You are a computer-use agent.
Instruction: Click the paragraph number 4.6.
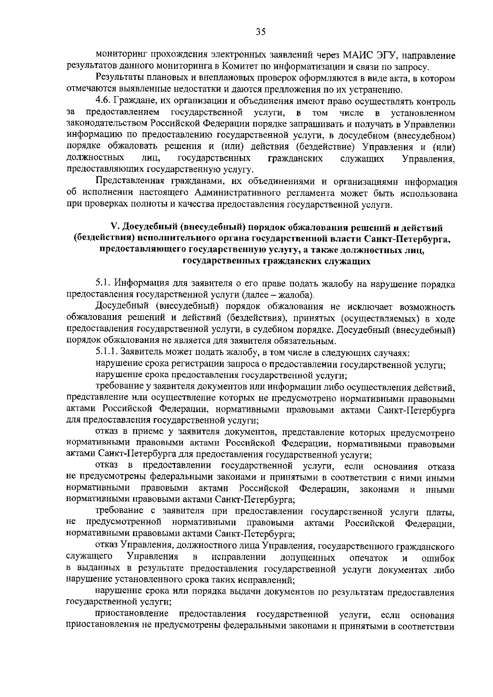(x=103, y=101)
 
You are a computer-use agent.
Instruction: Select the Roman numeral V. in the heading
(x=114, y=227)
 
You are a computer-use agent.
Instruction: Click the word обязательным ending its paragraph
(x=309, y=341)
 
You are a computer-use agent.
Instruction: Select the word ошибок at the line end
(x=438, y=558)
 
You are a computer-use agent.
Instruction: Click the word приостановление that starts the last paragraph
(x=131, y=615)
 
